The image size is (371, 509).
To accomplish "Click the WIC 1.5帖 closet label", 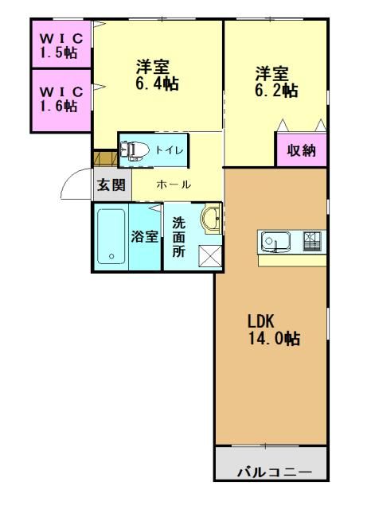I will (x=60, y=45).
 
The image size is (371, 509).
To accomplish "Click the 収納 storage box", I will (x=302, y=150).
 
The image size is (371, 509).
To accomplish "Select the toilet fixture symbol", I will (x=135, y=150).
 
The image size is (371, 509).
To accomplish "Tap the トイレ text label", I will (x=170, y=150).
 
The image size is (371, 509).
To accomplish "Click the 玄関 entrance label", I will (x=111, y=185).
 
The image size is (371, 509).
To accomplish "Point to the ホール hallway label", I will (x=173, y=185).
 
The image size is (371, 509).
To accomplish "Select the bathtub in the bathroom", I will (x=111, y=237).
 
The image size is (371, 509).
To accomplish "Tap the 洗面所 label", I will (x=179, y=237).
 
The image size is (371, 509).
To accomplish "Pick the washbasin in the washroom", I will (x=211, y=219).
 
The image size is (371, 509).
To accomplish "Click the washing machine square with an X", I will (x=210, y=257).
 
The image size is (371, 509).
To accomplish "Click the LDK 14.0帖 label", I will (x=272, y=331).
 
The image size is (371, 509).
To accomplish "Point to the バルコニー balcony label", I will (x=271, y=473).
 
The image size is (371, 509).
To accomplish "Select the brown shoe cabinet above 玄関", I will (x=105, y=159).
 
